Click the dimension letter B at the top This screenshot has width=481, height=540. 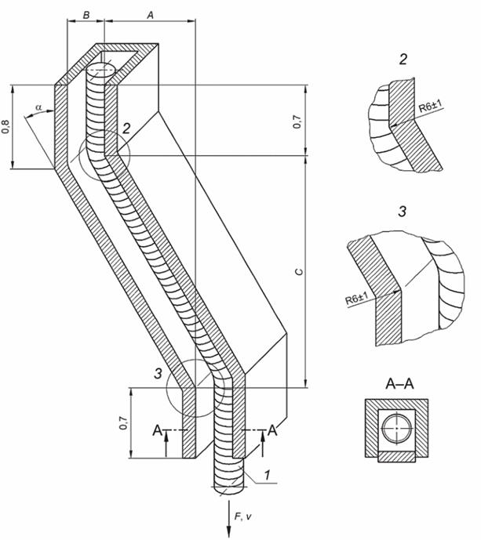pos(86,15)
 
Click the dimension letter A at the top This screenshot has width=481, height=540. pos(150,15)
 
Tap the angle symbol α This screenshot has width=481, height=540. pos(39,107)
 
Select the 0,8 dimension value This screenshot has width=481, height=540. pos(5,126)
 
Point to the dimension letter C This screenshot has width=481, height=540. pos(300,272)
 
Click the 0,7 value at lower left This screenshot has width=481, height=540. pos(123,423)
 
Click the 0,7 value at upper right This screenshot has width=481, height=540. pos(297,121)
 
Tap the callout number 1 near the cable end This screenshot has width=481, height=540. pos(267,475)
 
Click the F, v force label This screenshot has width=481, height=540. pos(243,516)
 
